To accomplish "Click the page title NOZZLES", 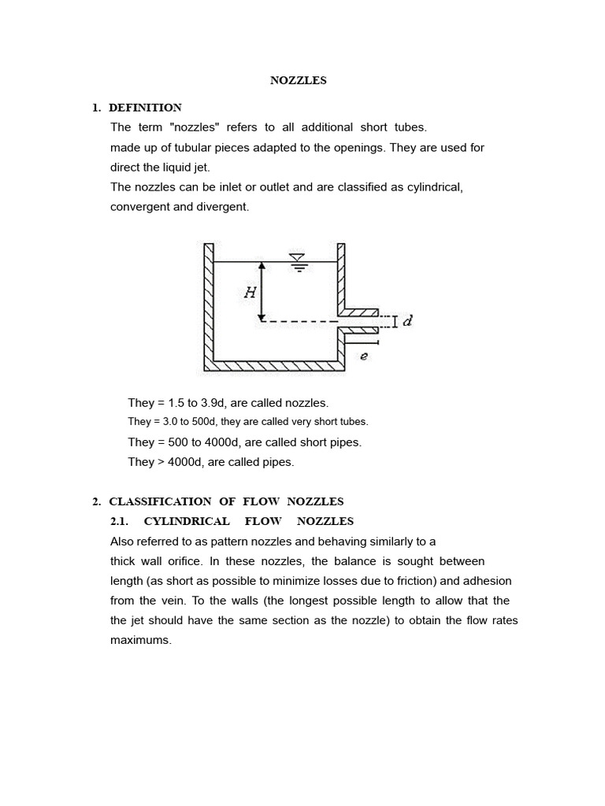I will (x=298, y=80).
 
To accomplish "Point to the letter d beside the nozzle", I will (x=407, y=321).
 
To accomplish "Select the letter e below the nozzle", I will (x=364, y=356).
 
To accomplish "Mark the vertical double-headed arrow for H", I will (x=262, y=291).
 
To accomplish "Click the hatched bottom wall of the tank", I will (x=276, y=366).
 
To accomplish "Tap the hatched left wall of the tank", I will (x=209, y=307).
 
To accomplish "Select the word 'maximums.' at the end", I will (x=140, y=641).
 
